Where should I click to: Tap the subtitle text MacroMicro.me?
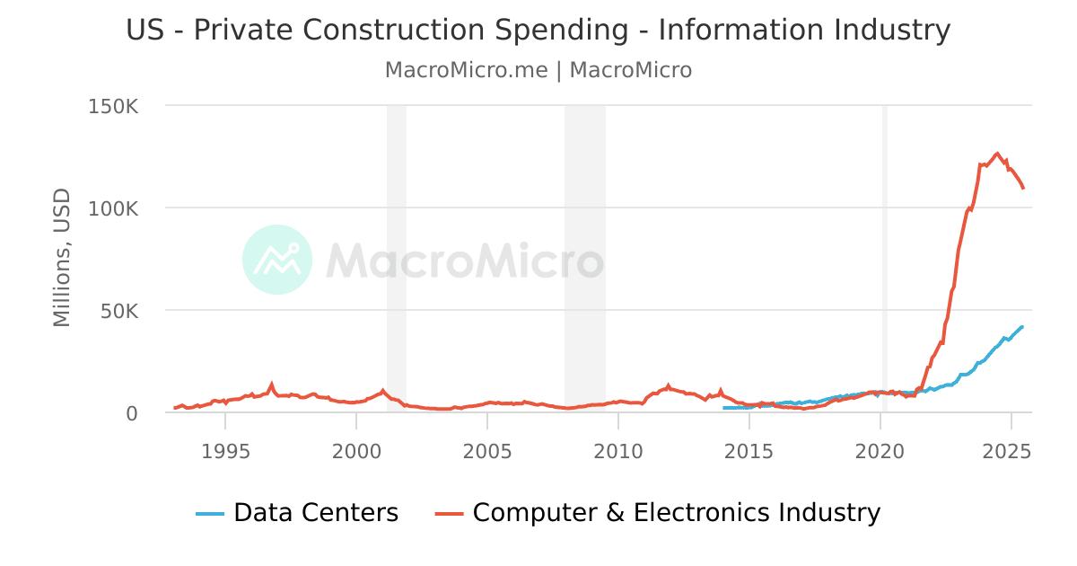point(466,70)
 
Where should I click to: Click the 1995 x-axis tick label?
point(225,450)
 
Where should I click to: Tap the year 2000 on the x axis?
point(356,450)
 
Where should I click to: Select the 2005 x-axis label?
point(487,450)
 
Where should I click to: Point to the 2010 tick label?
point(618,450)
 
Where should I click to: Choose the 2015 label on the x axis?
point(749,450)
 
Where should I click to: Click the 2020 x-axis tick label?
point(880,450)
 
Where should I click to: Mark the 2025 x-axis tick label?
point(1011,450)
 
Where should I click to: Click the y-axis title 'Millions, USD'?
point(61,257)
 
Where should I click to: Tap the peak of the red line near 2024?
point(997,153)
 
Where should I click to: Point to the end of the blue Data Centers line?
point(1022,327)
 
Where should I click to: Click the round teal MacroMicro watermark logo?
point(277,260)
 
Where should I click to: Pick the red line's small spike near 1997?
point(271,385)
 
